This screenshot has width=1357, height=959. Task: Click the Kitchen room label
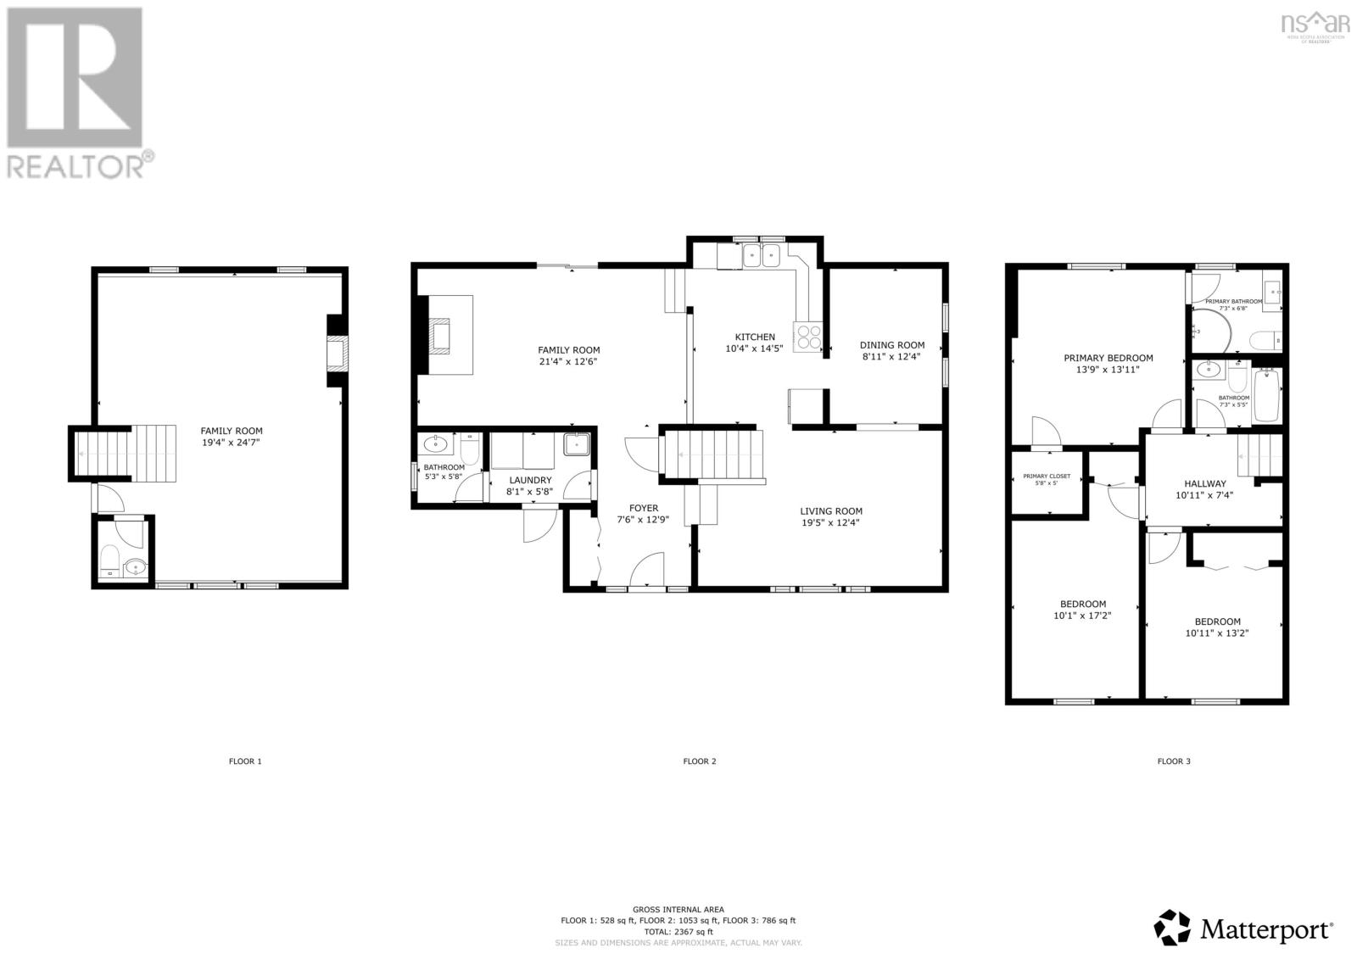point(754,337)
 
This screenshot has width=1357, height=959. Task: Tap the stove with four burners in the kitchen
point(807,337)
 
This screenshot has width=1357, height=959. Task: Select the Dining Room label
point(891,345)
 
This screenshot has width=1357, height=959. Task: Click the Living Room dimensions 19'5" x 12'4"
point(831,523)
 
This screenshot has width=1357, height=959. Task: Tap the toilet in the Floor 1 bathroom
point(109,560)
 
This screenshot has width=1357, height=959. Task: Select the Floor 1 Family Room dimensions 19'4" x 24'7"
point(231,443)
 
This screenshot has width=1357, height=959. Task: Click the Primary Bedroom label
point(1108,358)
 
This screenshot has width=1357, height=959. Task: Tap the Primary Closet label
point(1046,477)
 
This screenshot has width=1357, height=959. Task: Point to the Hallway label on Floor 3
point(1204,483)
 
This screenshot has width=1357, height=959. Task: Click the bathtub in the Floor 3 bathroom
point(1266,396)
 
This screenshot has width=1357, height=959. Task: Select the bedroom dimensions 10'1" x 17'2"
point(1081,616)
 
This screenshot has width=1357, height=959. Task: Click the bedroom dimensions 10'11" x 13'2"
point(1217,633)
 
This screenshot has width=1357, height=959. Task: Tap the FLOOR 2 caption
point(699,761)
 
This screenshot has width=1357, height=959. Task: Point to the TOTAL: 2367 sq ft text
point(678,931)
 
